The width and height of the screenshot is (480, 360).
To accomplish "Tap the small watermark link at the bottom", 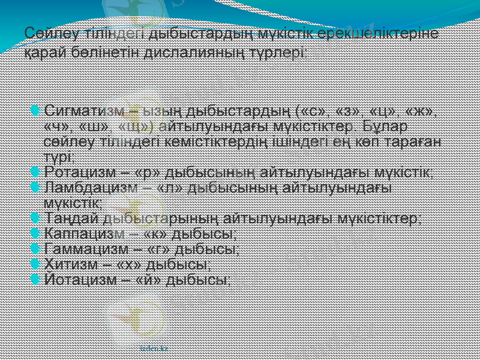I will [x=154, y=348].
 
